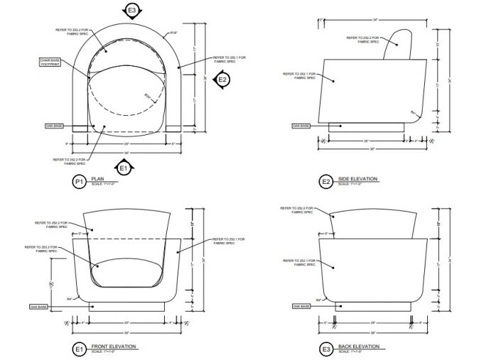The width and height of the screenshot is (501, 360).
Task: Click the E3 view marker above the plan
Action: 131,11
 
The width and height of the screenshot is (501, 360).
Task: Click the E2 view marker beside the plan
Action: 222,80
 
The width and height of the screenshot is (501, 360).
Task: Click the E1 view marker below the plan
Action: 124,168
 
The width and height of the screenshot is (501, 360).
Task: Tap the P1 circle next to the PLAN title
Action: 79,182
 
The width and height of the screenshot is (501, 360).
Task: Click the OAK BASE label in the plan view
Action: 55,126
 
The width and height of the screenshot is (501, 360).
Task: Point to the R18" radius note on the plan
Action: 173,33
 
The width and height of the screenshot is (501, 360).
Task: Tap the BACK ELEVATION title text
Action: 359,347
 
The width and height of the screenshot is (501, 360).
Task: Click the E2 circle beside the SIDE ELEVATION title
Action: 325,182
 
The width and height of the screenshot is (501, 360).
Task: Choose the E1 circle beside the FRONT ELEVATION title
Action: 79,349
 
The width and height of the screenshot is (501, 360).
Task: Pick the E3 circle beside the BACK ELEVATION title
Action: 325,349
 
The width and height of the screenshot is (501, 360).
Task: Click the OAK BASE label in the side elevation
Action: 301,126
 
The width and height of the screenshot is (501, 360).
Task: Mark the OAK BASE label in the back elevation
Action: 301,307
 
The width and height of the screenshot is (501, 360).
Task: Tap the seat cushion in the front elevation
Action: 129,272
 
